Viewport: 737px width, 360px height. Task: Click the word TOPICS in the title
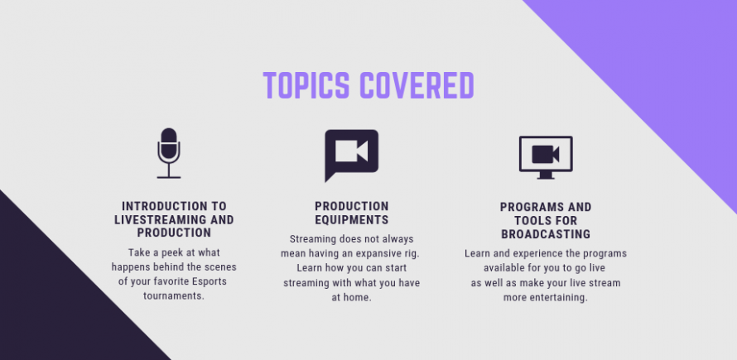click(306, 85)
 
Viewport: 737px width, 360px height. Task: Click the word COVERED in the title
click(417, 85)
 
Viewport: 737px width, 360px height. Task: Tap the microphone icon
click(169, 153)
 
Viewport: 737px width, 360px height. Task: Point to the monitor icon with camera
click(546, 157)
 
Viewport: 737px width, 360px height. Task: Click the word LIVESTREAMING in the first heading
click(162, 219)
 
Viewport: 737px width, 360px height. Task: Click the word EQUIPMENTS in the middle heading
click(352, 219)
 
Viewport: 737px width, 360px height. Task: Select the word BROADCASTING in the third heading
click(546, 234)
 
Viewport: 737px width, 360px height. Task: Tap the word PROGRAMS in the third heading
click(531, 207)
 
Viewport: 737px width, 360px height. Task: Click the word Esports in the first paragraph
click(210, 281)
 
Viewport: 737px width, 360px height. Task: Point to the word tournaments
click(174, 296)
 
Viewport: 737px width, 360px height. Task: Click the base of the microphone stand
click(169, 177)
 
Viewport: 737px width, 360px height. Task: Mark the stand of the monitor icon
click(546, 175)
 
